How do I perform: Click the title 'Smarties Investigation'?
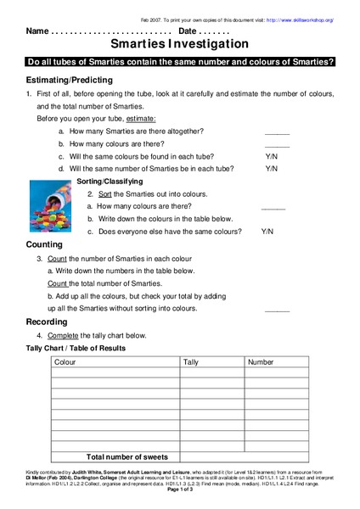click(x=180, y=43)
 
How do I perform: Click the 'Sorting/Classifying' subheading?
click(x=110, y=182)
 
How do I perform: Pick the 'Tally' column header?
click(x=193, y=362)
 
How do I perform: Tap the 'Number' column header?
click(x=261, y=362)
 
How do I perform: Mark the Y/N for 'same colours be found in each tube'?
click(x=272, y=156)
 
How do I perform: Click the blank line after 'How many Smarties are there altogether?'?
click(x=277, y=133)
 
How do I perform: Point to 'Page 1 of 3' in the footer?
click(x=180, y=490)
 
